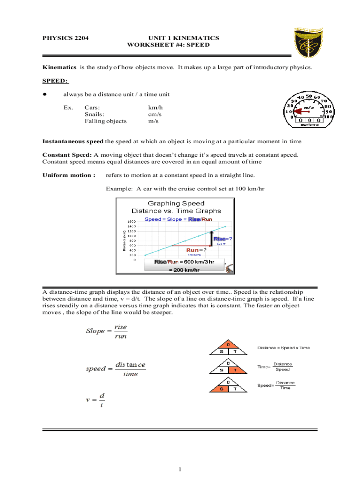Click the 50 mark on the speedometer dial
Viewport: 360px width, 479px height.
[309, 97]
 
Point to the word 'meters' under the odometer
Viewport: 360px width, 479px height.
[310, 125]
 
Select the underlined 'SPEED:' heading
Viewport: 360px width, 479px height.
[55, 80]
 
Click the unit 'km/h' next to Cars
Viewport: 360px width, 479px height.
[155, 107]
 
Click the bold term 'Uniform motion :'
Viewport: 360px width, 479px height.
[69, 175]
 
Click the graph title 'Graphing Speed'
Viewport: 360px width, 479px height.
[176, 203]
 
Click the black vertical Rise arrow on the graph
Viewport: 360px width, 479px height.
[211, 238]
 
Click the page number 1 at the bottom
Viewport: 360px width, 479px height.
[180, 469]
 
